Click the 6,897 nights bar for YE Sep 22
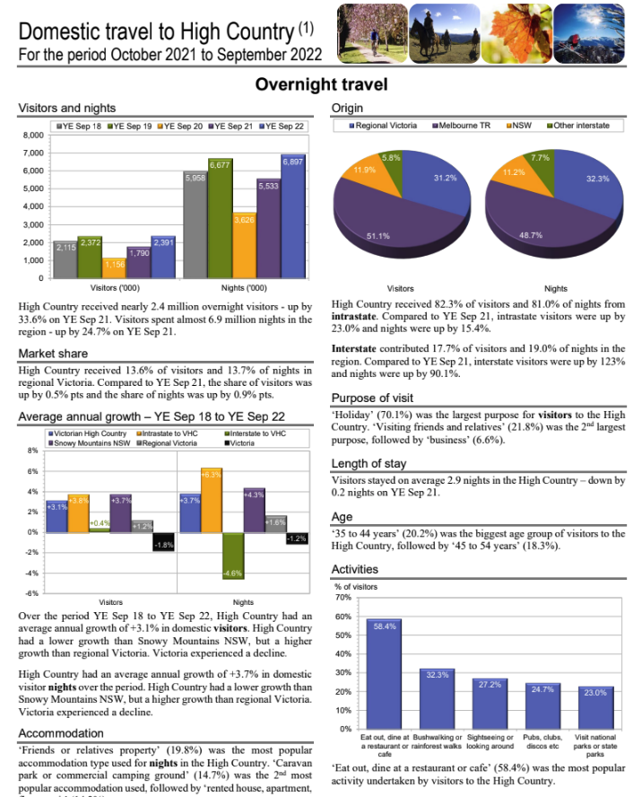[x=292, y=215]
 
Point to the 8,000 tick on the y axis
[x=31, y=136]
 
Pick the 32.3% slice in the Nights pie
[x=587, y=188]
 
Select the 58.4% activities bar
[x=384, y=673]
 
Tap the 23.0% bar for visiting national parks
[x=595, y=706]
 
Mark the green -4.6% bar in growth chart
[x=233, y=556]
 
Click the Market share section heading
[x=53, y=354]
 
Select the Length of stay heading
[x=369, y=464]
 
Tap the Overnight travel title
[x=321, y=84]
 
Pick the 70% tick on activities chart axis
[x=343, y=598]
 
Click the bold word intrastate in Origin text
[x=354, y=318]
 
